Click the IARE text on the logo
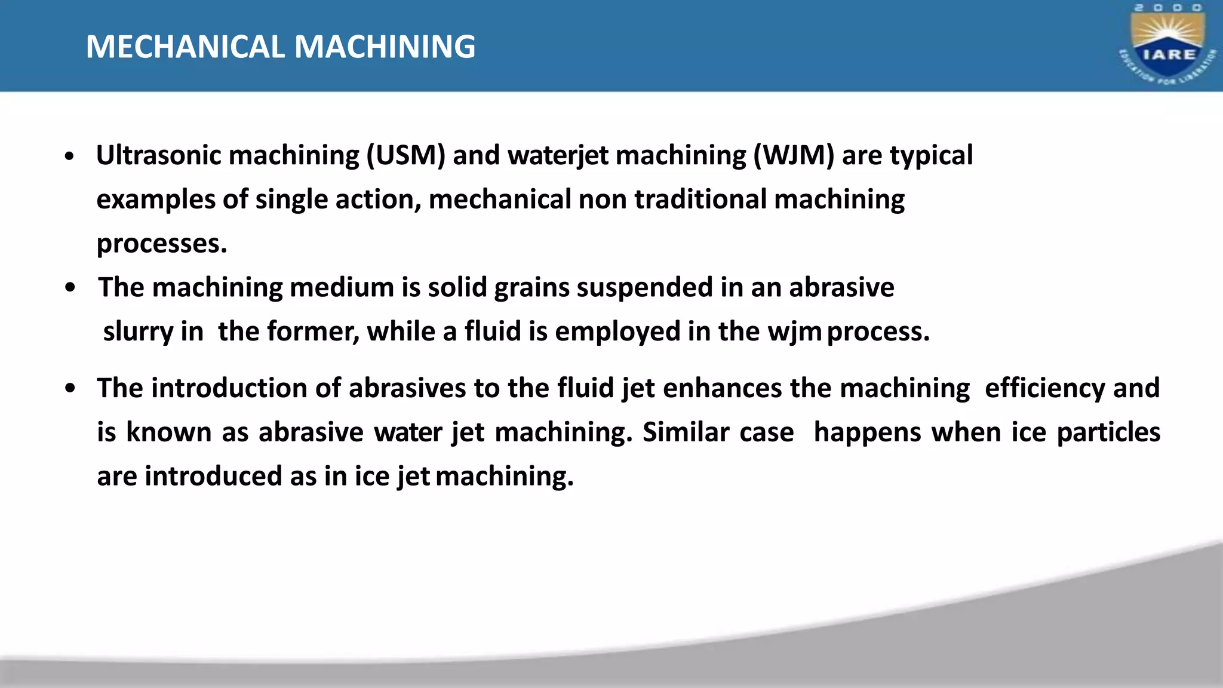pyautogui.click(x=1169, y=54)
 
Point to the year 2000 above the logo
pyautogui.click(x=1168, y=8)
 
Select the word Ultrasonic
pyautogui.click(x=159, y=155)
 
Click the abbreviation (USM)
pyautogui.click(x=405, y=155)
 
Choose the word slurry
pyautogui.click(x=138, y=332)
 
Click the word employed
pyautogui.click(x=617, y=332)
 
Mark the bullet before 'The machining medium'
pyautogui.click(x=70, y=288)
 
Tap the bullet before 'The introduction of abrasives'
pyautogui.click(x=70, y=389)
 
